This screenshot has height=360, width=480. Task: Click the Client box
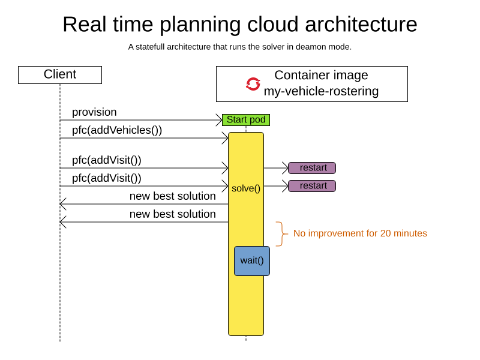click(x=60, y=75)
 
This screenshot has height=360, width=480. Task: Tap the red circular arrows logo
click(x=253, y=84)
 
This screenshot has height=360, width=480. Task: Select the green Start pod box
click(x=246, y=120)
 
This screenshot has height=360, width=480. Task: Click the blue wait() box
click(x=252, y=261)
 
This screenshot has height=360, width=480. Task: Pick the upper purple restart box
click(x=312, y=168)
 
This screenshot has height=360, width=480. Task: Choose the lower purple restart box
click(x=312, y=186)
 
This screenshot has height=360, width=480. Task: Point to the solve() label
click(x=246, y=188)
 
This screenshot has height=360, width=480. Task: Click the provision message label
click(x=94, y=112)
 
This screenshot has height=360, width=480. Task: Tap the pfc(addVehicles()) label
click(x=117, y=130)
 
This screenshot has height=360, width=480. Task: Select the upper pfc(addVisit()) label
click(x=107, y=160)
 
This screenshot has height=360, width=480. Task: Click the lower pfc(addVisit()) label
click(x=107, y=178)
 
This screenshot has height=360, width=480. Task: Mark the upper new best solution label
click(x=173, y=196)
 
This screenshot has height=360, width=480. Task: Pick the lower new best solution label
click(x=173, y=214)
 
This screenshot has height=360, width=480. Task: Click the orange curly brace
click(x=280, y=233)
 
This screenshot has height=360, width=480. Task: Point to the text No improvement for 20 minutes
click(x=360, y=233)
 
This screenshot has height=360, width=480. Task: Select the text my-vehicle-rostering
click(x=321, y=92)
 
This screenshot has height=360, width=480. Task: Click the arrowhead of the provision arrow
click(x=219, y=120)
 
